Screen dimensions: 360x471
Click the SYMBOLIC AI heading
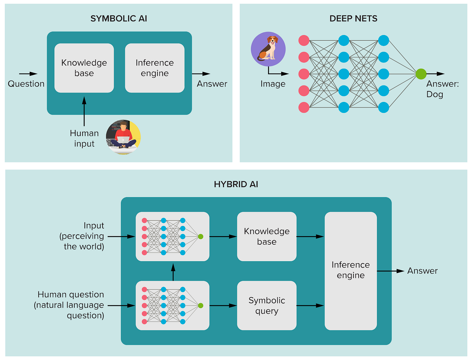point(118,18)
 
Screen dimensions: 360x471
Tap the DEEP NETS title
point(353,18)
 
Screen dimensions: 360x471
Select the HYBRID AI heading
point(236,184)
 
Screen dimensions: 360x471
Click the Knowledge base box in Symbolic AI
point(84,68)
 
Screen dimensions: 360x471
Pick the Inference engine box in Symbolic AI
point(155,68)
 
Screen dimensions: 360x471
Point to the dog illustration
point(268,49)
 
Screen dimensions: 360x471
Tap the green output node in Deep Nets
point(421,74)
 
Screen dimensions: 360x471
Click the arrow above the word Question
point(28,74)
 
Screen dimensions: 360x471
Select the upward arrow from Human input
point(84,111)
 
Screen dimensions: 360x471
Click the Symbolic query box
point(267,306)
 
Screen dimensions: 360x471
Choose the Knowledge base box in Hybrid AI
point(267,236)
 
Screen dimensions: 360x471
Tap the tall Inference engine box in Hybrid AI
point(351,271)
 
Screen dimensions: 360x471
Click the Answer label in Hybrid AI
point(422,271)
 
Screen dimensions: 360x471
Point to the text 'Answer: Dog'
point(442,89)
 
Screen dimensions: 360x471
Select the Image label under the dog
point(273,84)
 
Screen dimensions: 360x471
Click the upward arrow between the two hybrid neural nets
point(173,272)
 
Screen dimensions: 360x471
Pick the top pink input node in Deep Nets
point(304,41)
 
